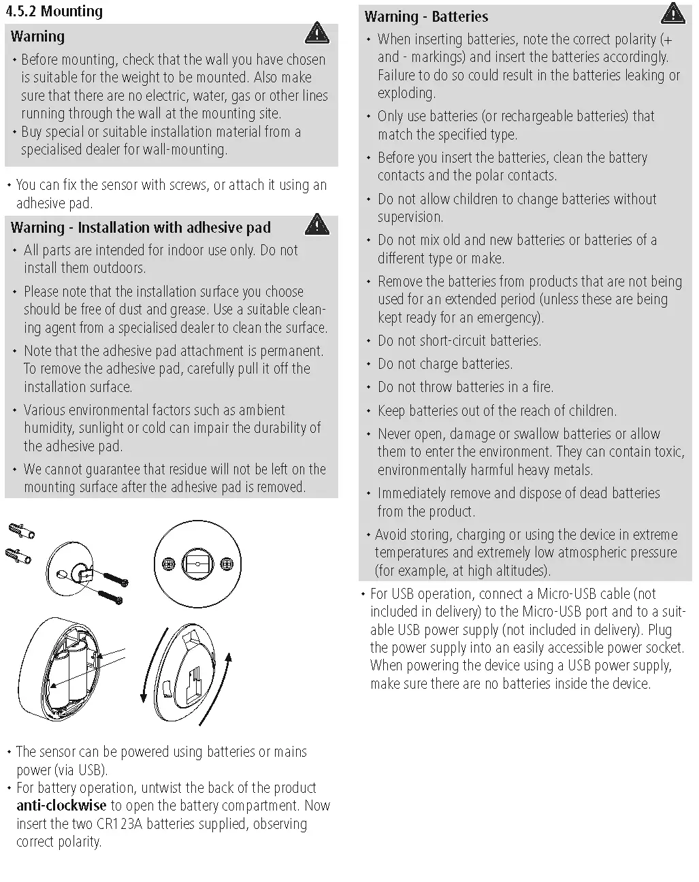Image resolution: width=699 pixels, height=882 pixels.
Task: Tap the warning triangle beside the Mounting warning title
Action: (x=316, y=31)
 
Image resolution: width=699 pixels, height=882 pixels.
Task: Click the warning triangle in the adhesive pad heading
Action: (x=316, y=223)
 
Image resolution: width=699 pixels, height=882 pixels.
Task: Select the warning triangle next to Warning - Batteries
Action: (x=672, y=12)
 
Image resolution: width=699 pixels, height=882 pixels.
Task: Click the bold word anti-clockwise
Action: (x=61, y=806)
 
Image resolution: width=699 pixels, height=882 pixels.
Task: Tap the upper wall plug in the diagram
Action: (x=22, y=532)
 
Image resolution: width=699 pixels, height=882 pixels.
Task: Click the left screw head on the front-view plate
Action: (x=168, y=564)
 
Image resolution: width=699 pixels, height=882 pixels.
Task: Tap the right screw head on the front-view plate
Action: (x=227, y=564)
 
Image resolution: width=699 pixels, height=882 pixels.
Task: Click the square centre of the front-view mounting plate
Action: (x=197, y=564)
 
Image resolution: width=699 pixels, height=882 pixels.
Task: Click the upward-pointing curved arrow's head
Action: (x=229, y=657)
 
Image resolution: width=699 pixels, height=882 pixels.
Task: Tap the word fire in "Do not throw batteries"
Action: (x=542, y=387)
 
